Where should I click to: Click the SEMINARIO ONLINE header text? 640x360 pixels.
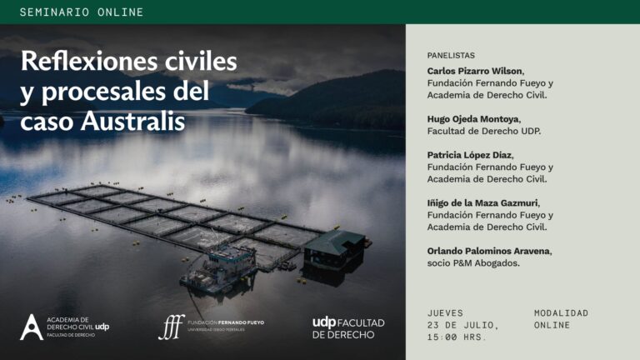click(x=82, y=12)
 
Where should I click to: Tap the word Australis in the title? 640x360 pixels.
click(x=132, y=121)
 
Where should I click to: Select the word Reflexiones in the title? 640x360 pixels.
click(x=89, y=61)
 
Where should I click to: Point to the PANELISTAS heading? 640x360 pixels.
click(x=451, y=56)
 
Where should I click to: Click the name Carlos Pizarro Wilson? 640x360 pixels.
click(x=475, y=71)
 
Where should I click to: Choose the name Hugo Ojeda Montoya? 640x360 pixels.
click(x=473, y=119)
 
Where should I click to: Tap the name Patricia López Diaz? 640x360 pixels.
click(x=469, y=155)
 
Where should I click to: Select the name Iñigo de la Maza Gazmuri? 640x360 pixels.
click(x=482, y=202)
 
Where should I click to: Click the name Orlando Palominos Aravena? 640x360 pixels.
click(x=488, y=251)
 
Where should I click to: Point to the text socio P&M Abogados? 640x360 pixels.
click(x=473, y=263)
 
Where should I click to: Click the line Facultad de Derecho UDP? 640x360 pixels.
click(x=483, y=131)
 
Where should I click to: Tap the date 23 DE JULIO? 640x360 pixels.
click(x=462, y=325)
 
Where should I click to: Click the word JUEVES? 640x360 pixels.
click(x=445, y=313)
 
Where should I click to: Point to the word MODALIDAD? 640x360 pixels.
click(x=561, y=313)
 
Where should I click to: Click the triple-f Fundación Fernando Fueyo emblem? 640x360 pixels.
click(x=172, y=327)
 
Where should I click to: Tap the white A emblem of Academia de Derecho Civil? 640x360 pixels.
click(x=32, y=327)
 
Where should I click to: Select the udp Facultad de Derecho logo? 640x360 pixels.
click(x=348, y=328)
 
